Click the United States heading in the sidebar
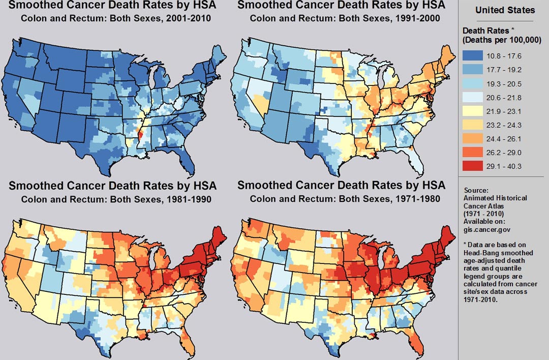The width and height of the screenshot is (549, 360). (x=505, y=10)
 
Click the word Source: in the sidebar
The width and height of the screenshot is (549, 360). (x=476, y=190)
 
